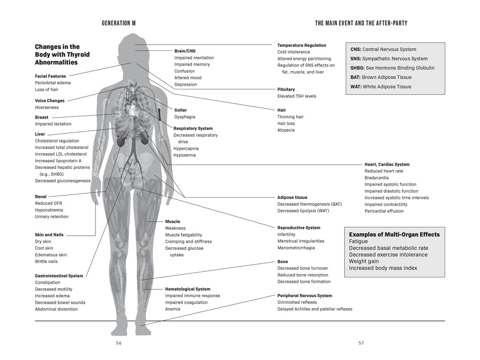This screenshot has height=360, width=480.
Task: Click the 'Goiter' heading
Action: pyautogui.click(x=180, y=110)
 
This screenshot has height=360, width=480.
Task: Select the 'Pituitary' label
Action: pyautogui.click(x=286, y=89)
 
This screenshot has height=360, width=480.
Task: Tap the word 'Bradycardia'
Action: pyautogui.click(x=376, y=178)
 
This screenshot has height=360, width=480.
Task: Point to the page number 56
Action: pyautogui.click(x=119, y=343)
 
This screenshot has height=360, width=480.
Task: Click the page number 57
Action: pyautogui.click(x=361, y=343)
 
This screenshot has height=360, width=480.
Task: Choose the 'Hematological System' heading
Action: pyautogui.click(x=188, y=289)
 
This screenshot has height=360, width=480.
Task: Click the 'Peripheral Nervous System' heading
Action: pyautogui.click(x=305, y=296)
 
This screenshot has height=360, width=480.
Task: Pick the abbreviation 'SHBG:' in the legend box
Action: pyautogui.click(x=357, y=68)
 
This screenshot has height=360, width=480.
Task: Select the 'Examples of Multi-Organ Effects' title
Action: pyautogui.click(x=394, y=235)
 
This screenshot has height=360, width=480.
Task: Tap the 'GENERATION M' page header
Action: pyautogui.click(x=119, y=23)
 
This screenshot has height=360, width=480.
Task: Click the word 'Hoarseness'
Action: pyautogui.click(x=47, y=108)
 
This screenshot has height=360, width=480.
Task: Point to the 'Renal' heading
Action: pyautogui.click(x=41, y=196)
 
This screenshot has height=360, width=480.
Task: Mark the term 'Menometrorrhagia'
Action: pyautogui.click(x=296, y=248)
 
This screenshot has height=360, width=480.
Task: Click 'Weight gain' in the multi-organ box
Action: pyautogui.click(x=364, y=262)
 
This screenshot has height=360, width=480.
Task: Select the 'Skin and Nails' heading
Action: pyautogui.click(x=49, y=235)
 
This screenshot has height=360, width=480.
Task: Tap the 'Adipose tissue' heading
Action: pyautogui.click(x=292, y=197)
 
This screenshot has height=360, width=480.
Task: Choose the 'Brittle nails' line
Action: pyautogui.click(x=46, y=262)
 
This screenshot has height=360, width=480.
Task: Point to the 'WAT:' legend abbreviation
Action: pyautogui.click(x=356, y=86)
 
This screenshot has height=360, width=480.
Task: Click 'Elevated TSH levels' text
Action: pyautogui.click(x=297, y=96)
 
